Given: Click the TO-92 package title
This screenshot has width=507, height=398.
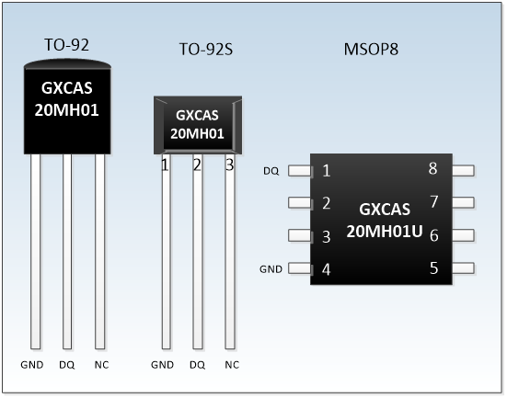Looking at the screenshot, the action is (x=66, y=45).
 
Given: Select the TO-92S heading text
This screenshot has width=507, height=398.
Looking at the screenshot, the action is (x=206, y=50).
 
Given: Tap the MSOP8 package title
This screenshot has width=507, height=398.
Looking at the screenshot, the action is (x=371, y=50).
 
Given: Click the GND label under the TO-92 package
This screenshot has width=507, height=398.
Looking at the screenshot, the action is (x=32, y=365).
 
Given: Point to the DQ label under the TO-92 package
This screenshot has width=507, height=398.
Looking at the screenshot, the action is (x=67, y=365).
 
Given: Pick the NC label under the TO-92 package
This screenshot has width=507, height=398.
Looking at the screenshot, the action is (x=101, y=365).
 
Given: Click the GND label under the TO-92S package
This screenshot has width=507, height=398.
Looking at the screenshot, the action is (x=162, y=365).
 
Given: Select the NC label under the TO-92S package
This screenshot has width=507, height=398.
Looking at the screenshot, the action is (x=232, y=365).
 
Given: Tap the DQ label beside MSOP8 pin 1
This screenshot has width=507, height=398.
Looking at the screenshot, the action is (x=271, y=171).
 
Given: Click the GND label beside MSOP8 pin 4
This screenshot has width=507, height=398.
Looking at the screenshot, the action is (x=271, y=268).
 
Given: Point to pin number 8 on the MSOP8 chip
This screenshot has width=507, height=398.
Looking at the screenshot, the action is (x=433, y=168).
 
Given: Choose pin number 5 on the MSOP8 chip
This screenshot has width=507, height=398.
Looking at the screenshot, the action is (x=434, y=268).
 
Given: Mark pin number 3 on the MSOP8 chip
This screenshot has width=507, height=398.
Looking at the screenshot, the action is (x=327, y=237).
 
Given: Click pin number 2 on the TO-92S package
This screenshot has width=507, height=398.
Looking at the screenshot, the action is (x=197, y=165).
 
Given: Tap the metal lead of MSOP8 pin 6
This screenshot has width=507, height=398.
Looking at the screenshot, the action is (x=463, y=235).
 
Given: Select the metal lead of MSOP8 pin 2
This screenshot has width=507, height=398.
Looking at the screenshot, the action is (x=300, y=203).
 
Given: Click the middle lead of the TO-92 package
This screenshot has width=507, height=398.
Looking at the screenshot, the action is (x=67, y=251).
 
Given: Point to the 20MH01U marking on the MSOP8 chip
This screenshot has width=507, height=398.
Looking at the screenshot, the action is (x=385, y=232).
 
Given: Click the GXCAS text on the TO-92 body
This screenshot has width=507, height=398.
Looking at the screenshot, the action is (x=67, y=88).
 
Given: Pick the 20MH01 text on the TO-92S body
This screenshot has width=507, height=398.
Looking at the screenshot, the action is (x=197, y=133).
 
